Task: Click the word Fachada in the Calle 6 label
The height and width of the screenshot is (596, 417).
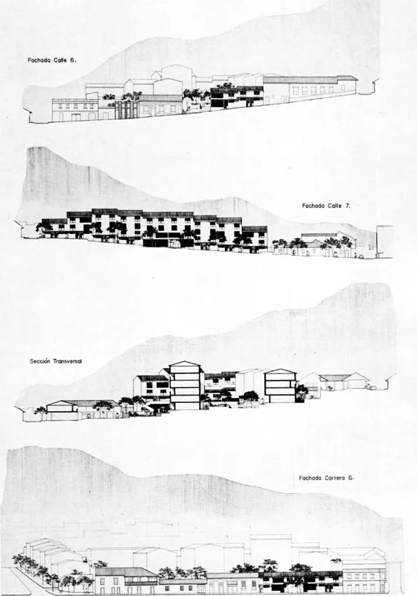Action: tap(39, 60)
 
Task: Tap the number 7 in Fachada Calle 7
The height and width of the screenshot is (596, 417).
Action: tap(348, 206)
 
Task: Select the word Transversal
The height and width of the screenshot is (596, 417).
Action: tap(67, 361)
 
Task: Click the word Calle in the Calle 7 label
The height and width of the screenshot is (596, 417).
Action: tap(335, 206)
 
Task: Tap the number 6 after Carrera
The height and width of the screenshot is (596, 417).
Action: tap(351, 478)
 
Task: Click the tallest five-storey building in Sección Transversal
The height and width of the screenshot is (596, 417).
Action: tap(185, 385)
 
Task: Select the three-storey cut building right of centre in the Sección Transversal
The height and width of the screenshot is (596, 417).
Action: tap(280, 386)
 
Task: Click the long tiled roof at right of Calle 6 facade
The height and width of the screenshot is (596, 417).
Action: tap(310, 80)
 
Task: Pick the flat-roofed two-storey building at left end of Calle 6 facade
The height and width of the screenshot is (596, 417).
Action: tap(74, 110)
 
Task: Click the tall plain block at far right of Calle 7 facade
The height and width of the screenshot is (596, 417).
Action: tap(384, 241)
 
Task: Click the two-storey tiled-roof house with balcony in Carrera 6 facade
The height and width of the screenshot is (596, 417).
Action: tap(126, 580)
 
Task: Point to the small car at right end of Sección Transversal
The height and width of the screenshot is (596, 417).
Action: tap(372, 388)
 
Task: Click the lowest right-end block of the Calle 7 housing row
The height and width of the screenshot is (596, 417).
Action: tap(255, 238)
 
